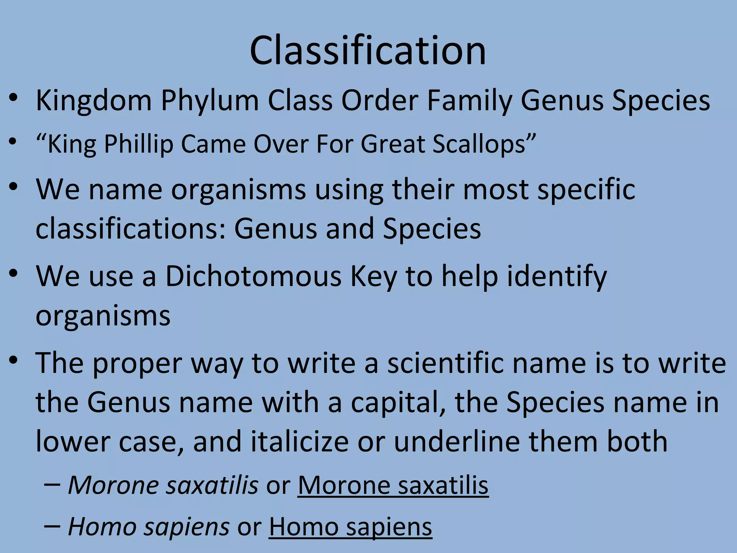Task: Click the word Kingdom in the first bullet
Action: [94, 100]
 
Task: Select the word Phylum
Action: [209, 100]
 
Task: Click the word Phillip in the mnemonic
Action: [139, 144]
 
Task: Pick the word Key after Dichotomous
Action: [374, 276]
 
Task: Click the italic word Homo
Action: [102, 527]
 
